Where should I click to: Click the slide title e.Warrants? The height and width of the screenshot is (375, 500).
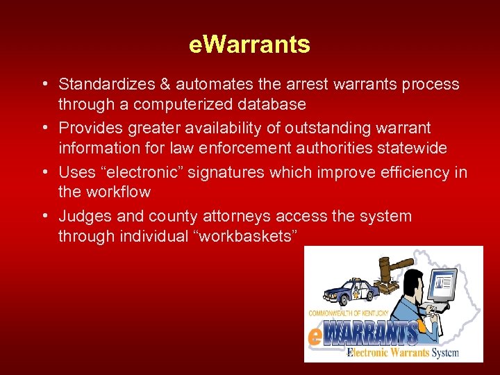point(249,45)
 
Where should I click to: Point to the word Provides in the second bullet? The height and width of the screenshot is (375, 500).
point(88,128)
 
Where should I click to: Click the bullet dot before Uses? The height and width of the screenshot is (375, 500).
point(44,172)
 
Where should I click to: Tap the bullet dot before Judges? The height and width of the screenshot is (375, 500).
point(44,217)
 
